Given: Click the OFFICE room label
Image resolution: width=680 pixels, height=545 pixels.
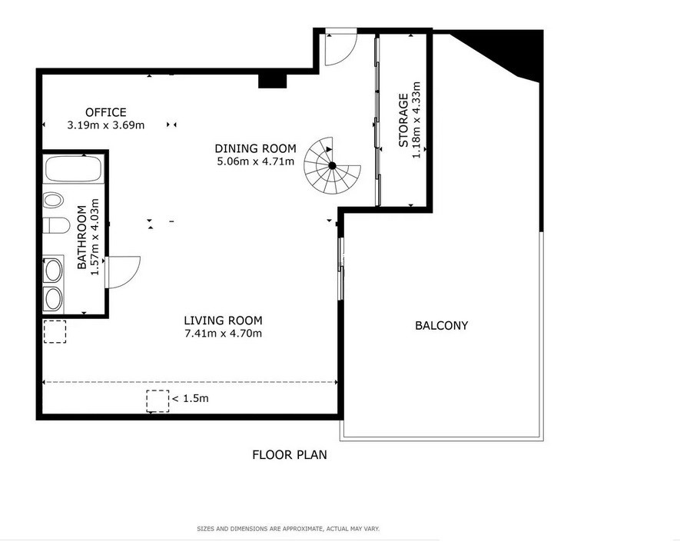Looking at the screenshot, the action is (x=106, y=112).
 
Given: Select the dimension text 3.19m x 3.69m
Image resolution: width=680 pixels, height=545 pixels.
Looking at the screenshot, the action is (x=106, y=125).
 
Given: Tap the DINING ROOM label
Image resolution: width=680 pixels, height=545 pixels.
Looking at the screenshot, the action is (x=255, y=148).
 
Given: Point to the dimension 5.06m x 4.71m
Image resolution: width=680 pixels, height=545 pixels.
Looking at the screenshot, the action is (x=255, y=162).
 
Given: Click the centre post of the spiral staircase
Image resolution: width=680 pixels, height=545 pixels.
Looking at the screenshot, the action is (x=332, y=165).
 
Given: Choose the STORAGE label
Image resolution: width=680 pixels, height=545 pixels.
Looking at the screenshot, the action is (x=403, y=120).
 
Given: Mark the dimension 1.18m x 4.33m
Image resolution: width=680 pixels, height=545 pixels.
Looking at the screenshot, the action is (x=416, y=120).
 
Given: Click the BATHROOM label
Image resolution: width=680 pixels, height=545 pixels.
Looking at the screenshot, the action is (x=82, y=237).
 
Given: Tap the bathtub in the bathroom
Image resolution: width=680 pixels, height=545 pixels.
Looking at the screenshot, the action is (x=73, y=169).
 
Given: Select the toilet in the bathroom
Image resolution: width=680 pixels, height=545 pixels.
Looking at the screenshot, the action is (x=56, y=226).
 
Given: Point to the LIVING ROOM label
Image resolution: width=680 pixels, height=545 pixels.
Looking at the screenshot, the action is (x=223, y=321).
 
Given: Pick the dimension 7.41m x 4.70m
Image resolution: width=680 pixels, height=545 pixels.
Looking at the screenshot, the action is (x=223, y=334).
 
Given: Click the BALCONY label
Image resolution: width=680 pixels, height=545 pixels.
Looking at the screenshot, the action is (x=442, y=325).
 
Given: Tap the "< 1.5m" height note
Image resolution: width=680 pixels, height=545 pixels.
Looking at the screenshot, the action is (x=191, y=398).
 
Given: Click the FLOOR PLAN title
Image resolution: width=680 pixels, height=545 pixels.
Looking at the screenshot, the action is (x=290, y=455).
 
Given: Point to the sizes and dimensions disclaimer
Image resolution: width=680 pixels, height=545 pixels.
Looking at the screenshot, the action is (x=288, y=529).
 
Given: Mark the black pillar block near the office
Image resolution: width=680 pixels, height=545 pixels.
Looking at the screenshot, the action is (x=272, y=81).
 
